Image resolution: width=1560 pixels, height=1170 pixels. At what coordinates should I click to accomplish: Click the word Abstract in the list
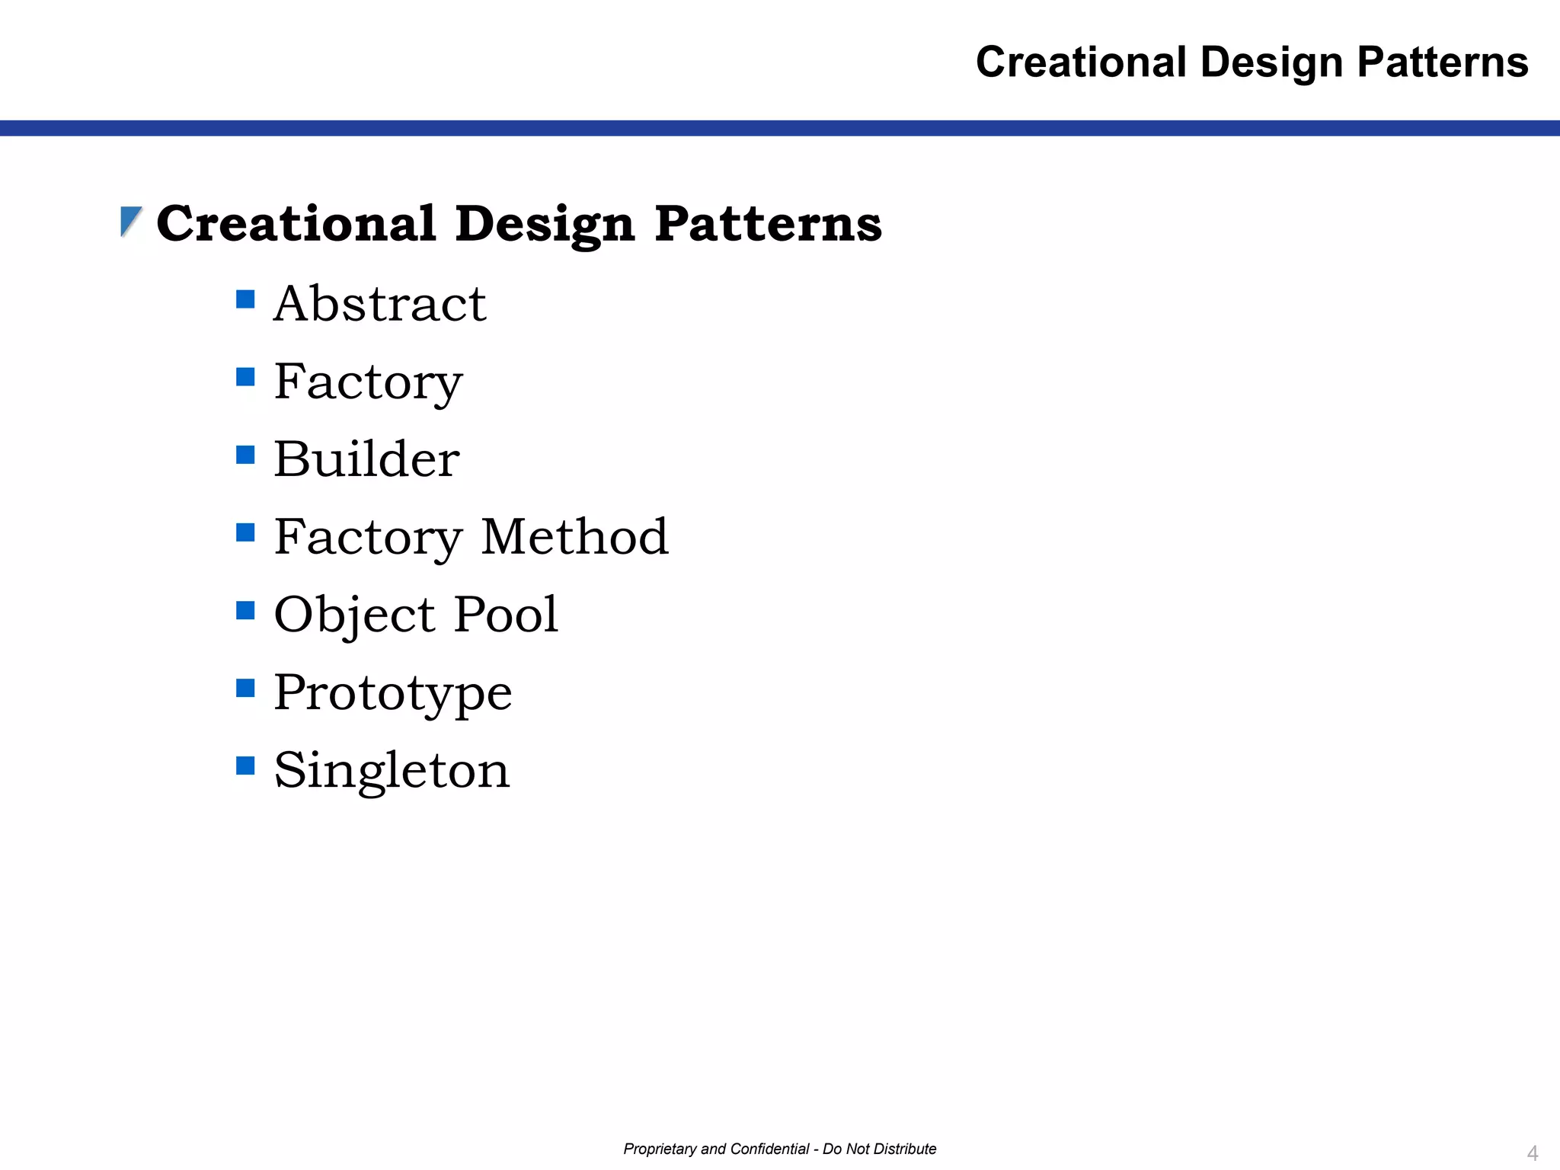379,304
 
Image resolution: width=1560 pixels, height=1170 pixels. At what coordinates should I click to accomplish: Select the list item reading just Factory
368,382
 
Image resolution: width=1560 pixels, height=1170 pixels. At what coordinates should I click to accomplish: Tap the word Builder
366,459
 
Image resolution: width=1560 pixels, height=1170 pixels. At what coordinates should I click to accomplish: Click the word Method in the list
574,537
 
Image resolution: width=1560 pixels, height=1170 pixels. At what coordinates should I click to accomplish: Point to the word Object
354,615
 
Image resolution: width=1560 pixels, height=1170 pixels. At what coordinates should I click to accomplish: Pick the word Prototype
392,693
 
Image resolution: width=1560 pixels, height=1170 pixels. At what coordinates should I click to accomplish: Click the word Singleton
392,770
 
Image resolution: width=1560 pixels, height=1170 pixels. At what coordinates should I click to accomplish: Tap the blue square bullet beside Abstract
245,299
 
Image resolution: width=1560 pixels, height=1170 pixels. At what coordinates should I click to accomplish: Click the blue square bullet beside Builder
245,455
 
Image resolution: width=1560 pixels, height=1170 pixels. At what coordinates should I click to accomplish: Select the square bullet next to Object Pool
245,610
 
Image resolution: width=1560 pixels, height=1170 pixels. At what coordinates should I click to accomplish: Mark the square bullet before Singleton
245,765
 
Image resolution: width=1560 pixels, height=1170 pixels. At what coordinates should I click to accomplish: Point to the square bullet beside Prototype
245,688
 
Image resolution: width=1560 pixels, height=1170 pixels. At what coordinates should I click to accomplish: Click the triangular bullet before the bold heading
131,222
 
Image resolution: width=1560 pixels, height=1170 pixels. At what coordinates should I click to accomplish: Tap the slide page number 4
1533,1152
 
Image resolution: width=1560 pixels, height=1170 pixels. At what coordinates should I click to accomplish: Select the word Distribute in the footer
904,1149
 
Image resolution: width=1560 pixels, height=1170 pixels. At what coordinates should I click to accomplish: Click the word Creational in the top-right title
1081,62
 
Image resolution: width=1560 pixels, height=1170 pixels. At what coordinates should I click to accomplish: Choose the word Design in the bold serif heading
545,225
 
